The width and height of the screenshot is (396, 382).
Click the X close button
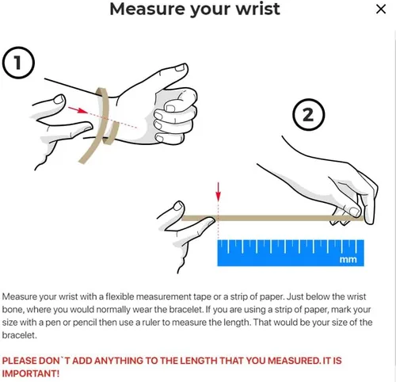pyautogui.click(x=381, y=10)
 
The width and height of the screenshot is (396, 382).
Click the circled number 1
pyautogui.click(x=18, y=63)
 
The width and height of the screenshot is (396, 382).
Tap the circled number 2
pyautogui.click(x=309, y=115)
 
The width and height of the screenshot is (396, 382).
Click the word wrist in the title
pyautogui.click(x=257, y=9)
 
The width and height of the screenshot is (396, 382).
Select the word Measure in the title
pyautogui.click(x=147, y=9)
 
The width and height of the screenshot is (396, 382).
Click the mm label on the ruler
pyautogui.click(x=348, y=259)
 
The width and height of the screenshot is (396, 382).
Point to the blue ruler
pyautogui.click(x=291, y=253)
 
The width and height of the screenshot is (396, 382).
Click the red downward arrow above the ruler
pyautogui.click(x=218, y=192)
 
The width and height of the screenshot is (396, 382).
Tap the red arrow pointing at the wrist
pyautogui.click(x=78, y=109)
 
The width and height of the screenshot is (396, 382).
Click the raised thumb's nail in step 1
pyautogui.click(x=180, y=68)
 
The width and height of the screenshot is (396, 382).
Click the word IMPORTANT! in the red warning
pyautogui.click(x=31, y=373)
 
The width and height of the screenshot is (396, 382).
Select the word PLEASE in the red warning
pyautogui.click(x=19, y=361)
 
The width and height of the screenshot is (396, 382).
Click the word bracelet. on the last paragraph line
pyautogui.click(x=19, y=335)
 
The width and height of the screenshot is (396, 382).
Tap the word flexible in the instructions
pyautogui.click(x=120, y=296)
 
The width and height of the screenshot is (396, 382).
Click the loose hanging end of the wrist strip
pyautogui.click(x=82, y=161)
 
